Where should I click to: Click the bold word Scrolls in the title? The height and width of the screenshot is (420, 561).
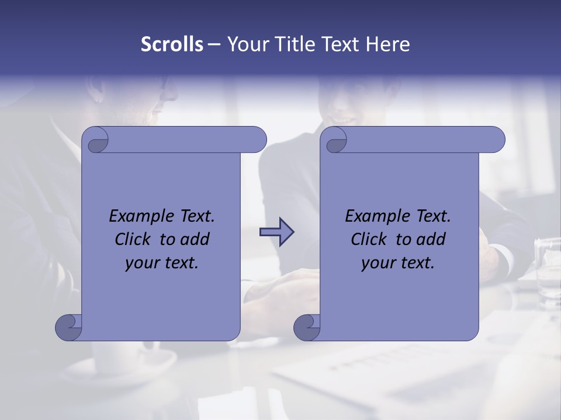(172, 44)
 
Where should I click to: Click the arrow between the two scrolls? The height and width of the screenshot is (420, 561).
(276, 232)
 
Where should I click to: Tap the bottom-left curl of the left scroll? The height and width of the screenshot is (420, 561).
(68, 327)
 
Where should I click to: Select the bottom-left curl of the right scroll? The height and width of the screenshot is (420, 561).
(307, 327)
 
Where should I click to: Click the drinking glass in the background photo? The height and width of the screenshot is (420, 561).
(548, 271)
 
